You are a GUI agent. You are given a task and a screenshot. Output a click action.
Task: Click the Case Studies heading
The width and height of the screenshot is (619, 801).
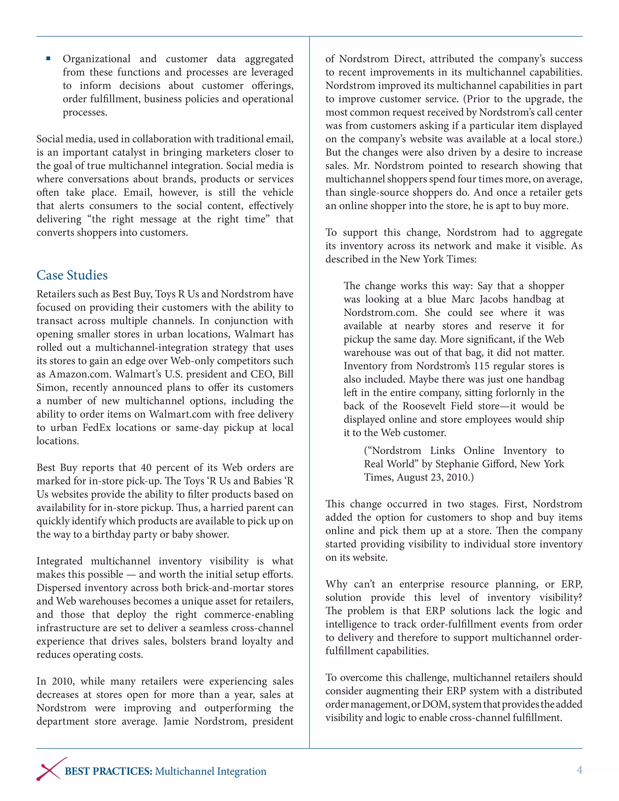pos(72,275)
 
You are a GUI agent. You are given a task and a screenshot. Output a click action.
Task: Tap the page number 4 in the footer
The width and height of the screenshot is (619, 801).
pos(579,770)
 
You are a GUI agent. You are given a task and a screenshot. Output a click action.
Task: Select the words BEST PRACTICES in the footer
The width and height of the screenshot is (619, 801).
pos(109,771)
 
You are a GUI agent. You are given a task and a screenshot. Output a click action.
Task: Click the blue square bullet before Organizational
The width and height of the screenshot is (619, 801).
pos(48,59)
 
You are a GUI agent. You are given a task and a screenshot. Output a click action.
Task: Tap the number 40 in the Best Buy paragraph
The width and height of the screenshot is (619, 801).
pos(146,468)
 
